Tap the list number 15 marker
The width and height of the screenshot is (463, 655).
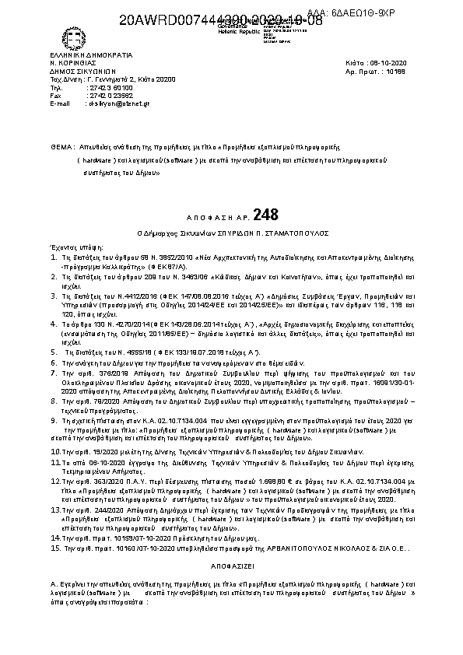pyautogui.click(x=54, y=548)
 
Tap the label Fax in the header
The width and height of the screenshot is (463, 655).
pyautogui.click(x=55, y=95)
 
